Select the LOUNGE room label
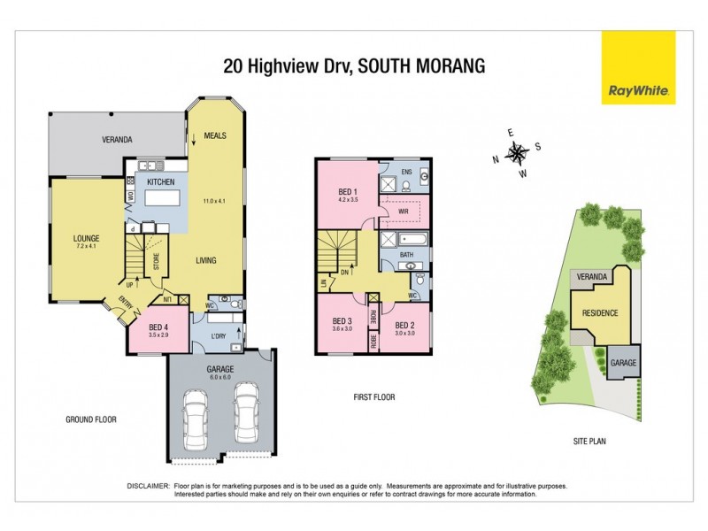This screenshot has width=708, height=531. (86, 238)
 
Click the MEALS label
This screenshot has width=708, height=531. (215, 135)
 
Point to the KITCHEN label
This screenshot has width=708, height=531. (161, 181)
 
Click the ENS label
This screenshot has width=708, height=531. (407, 171)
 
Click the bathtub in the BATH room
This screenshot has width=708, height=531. (405, 240)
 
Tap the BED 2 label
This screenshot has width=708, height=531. (405, 324)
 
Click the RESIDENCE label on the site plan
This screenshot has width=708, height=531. (599, 313)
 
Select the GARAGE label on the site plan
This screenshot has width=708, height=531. (622, 363)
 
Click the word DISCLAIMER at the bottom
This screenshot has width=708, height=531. (148, 487)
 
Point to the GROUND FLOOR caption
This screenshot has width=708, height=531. (92, 419)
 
